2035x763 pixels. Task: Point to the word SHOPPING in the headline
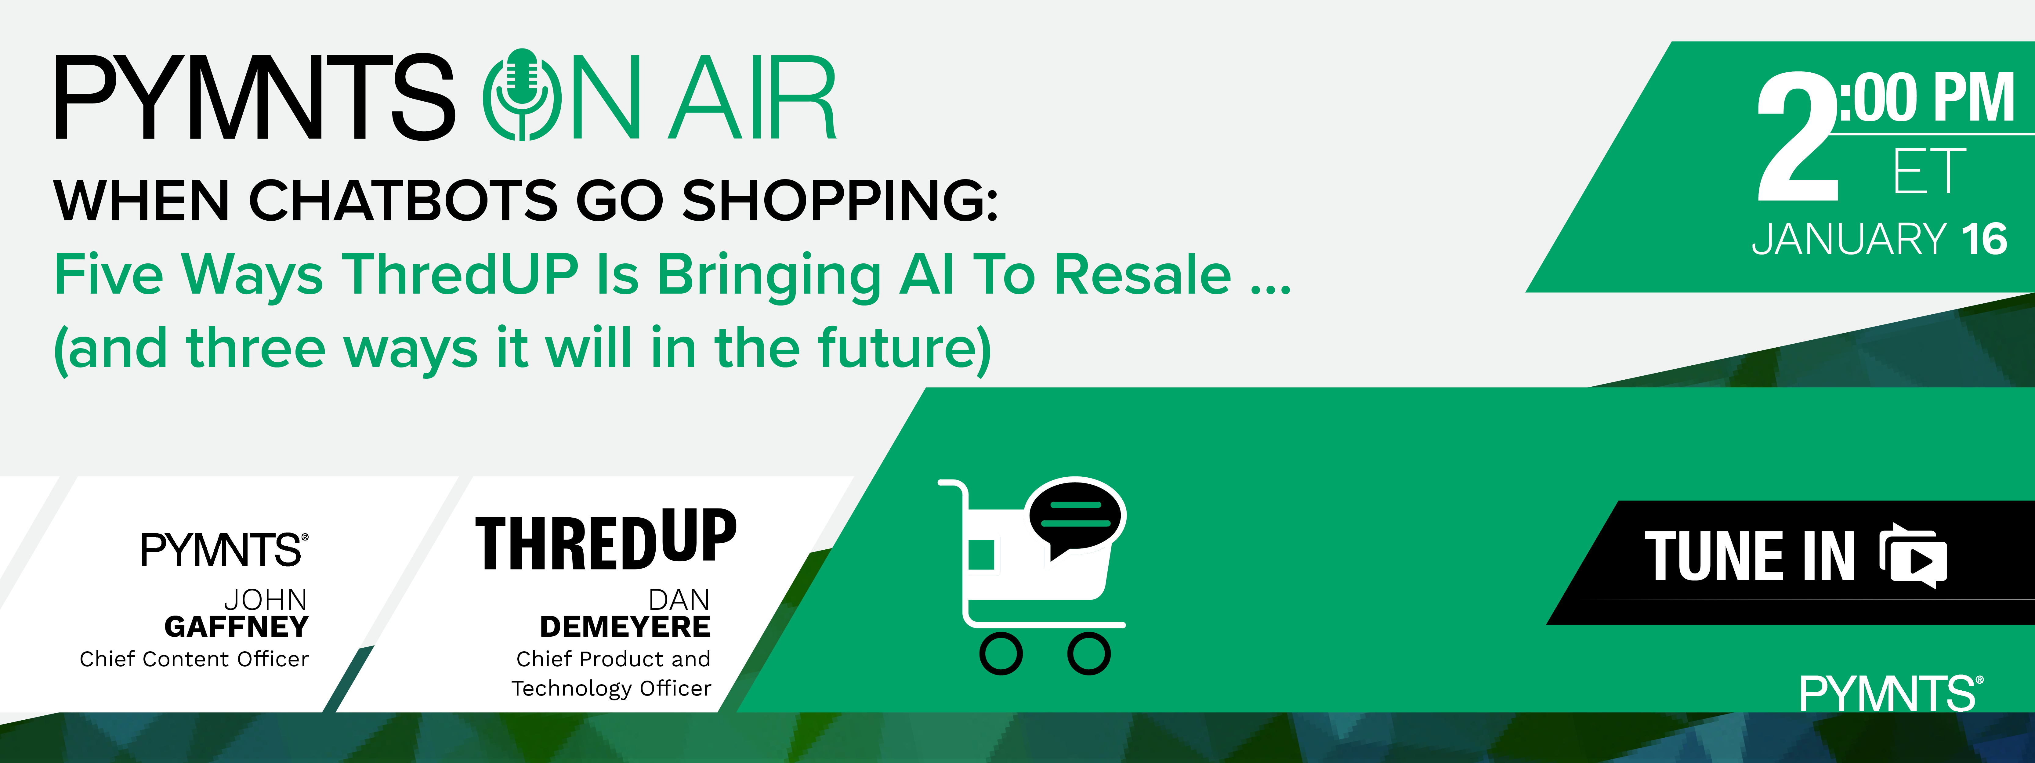click(840, 200)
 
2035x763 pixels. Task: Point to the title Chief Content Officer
click(194, 659)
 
